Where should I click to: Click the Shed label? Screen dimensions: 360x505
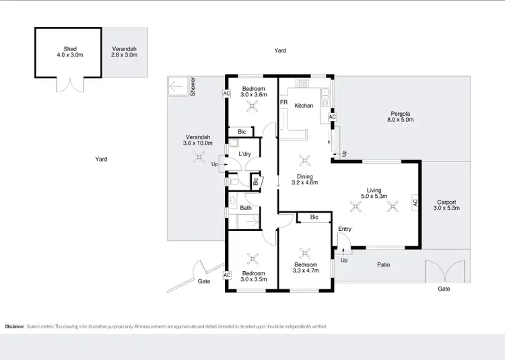[70, 48]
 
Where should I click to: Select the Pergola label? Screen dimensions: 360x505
[401, 112]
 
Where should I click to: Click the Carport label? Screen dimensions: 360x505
[446, 201]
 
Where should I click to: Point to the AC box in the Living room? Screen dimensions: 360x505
[415, 202]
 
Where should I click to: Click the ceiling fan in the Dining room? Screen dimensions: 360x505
[305, 160]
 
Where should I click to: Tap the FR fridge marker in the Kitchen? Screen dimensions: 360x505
[283, 102]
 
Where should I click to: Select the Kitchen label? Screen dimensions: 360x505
[304, 106]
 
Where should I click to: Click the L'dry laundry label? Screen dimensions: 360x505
[244, 154]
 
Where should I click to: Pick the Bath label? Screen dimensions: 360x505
[246, 208]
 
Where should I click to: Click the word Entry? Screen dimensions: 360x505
[345, 229]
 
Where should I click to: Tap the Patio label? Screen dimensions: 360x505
[382, 264]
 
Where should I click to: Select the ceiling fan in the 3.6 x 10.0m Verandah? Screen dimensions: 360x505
[198, 157]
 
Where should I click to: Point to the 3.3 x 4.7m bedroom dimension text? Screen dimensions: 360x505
[306, 274]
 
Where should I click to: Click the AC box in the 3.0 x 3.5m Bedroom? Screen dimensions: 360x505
[227, 275]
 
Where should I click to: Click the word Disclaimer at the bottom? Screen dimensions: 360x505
[14, 326]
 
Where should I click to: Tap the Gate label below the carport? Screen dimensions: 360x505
[444, 288]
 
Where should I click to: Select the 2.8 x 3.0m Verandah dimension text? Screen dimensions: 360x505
[123, 55]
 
